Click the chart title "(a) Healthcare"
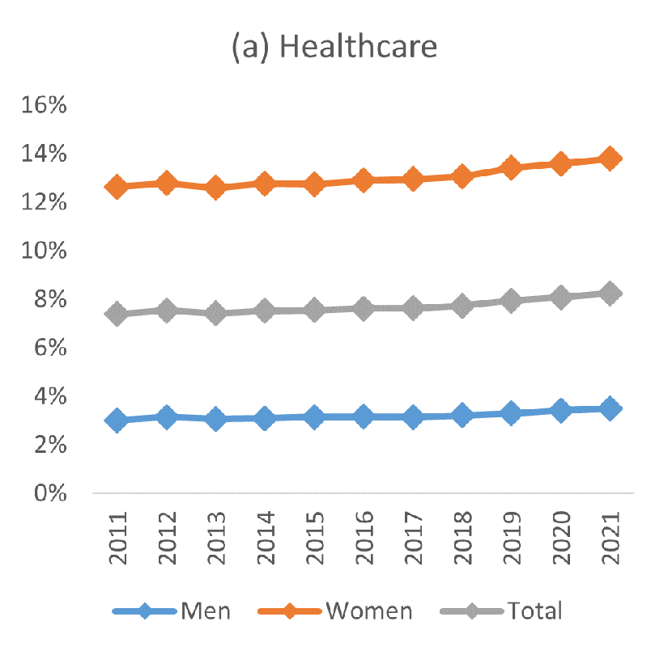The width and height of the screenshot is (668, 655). pos(334,47)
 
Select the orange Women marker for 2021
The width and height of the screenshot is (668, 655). pos(610,158)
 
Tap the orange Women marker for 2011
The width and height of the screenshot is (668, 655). pos(117,187)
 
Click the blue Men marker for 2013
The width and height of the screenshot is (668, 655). pos(215,419)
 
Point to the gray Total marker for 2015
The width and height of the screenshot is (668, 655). pos(314,311)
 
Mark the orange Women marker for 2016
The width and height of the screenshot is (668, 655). pos(364,180)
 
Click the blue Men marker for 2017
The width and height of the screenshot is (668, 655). pos(413,417)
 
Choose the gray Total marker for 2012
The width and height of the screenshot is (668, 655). pos(166,311)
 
